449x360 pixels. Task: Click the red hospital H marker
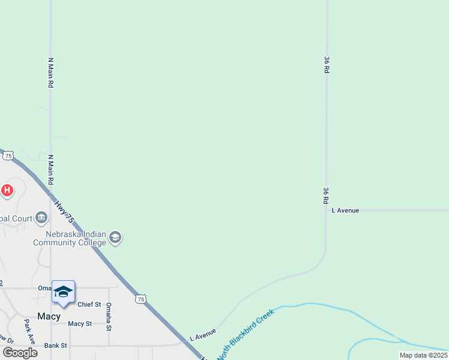click(7, 191)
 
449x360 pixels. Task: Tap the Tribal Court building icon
click(41, 217)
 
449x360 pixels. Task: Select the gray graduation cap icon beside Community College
click(116, 238)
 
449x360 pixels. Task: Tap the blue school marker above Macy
click(63, 292)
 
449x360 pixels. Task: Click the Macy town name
click(49, 316)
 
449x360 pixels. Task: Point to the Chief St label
click(89, 305)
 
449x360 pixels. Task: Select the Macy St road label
click(80, 324)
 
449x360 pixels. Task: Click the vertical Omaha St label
click(109, 317)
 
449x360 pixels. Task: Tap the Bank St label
click(55, 346)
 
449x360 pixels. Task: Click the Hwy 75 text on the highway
click(64, 212)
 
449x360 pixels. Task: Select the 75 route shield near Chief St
click(140, 299)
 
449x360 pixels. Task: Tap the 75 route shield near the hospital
click(8, 155)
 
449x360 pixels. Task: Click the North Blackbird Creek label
click(246, 334)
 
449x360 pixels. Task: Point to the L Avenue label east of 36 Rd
click(345, 211)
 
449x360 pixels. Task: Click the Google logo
click(20, 353)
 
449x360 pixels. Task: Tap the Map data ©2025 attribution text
click(423, 355)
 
